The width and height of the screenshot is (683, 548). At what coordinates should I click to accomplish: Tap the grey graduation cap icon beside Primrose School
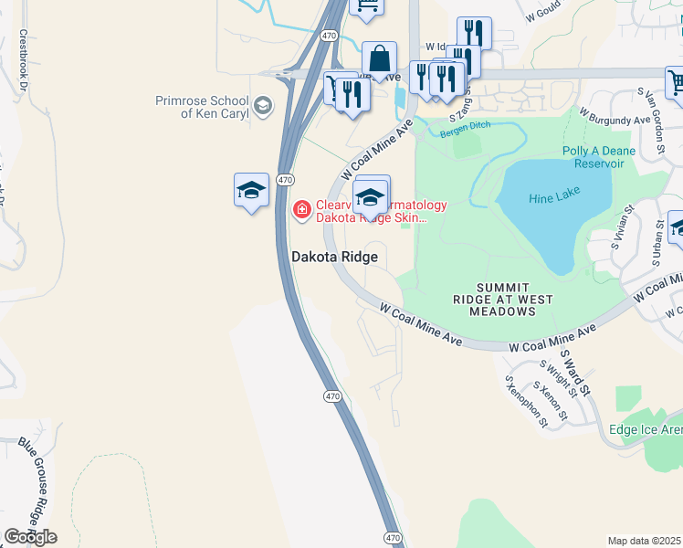click(263, 106)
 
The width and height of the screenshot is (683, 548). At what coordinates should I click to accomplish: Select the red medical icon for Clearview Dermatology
click(301, 211)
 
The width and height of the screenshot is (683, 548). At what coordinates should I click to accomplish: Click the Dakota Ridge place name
click(334, 258)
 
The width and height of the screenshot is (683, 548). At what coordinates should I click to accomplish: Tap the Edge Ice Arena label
click(645, 429)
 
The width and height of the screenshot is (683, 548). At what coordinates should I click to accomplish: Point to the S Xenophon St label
click(525, 402)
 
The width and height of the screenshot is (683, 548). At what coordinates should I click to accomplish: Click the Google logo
click(30, 537)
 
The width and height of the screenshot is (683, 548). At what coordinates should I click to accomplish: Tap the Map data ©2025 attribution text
click(645, 541)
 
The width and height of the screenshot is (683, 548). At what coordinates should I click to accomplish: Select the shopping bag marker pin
click(379, 59)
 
